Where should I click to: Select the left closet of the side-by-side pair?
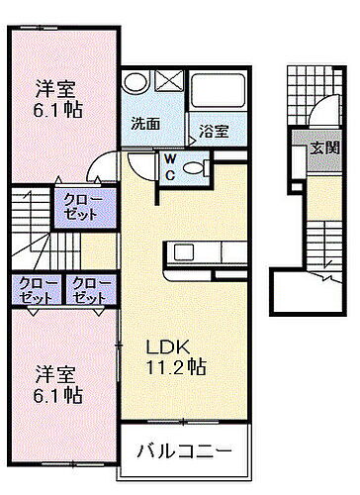click(37, 289)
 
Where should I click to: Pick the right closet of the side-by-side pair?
click(91, 289)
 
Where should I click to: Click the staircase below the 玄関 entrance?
click(320, 244)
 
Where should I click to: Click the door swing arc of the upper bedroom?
click(99, 168)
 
